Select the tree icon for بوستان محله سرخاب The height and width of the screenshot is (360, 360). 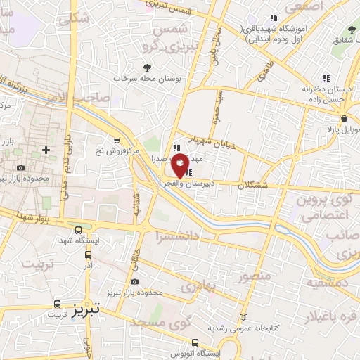147,68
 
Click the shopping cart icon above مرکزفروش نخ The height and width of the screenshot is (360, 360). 116,139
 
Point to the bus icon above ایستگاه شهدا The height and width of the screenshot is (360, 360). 78,230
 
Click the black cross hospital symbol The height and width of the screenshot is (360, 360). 46,150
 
